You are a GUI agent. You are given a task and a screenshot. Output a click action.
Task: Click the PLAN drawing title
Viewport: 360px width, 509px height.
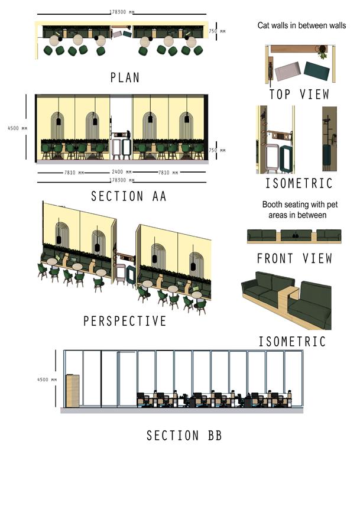coord(125,77)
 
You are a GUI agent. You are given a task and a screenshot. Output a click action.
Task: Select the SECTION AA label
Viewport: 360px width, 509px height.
coord(128,196)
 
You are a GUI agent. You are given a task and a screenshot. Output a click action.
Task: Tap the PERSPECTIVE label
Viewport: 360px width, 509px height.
coord(125,321)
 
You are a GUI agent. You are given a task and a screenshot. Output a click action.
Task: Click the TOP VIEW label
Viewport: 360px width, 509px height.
coord(299,95)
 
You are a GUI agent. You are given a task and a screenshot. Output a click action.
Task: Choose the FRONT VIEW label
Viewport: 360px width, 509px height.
coord(294,258)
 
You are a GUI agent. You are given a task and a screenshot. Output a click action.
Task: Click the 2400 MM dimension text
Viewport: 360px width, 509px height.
coord(122,172)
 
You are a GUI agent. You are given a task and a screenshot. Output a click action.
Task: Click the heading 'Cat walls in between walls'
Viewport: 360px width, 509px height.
coord(301,25)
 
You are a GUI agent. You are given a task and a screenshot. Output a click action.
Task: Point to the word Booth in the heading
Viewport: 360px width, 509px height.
coord(274,205)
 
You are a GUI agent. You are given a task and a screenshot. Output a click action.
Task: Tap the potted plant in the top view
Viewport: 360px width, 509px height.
coord(323,53)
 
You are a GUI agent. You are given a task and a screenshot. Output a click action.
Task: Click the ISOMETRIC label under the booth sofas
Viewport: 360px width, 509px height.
coord(292,341)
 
